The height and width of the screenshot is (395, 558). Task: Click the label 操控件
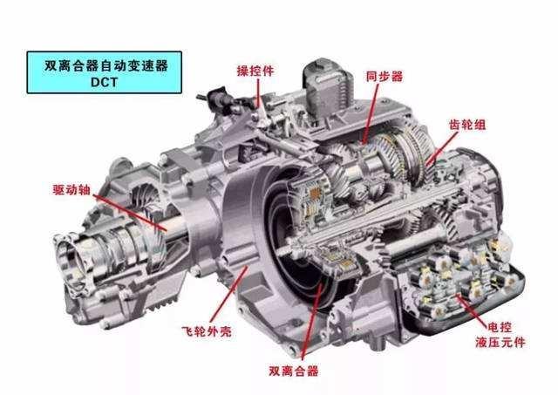(255, 71)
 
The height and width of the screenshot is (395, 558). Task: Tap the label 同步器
(384, 76)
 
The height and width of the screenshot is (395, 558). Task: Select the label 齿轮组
(467, 124)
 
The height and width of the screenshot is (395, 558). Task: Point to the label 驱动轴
(71, 190)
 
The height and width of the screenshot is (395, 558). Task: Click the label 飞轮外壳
(207, 331)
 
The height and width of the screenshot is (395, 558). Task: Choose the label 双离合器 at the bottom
(294, 371)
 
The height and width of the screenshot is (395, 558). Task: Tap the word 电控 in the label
(500, 327)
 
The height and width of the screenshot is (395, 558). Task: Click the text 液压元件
(500, 343)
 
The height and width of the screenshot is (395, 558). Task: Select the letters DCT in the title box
(104, 82)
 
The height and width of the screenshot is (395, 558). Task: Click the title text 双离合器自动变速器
(106, 65)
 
